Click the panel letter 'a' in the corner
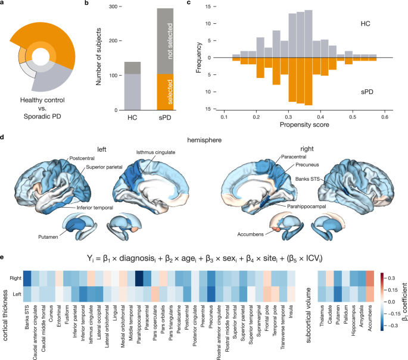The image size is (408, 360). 4,4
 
